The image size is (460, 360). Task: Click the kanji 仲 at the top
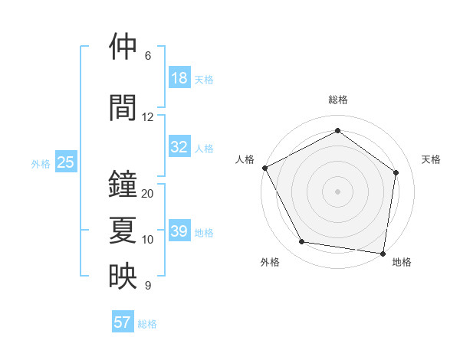click(x=123, y=47)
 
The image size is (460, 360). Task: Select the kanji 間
click(x=123, y=107)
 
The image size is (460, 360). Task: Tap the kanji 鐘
click(x=123, y=185)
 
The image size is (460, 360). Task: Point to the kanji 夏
click(x=123, y=231)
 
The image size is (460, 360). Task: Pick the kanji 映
click(x=123, y=277)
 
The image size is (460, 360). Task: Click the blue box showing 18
click(x=179, y=78)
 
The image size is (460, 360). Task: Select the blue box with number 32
click(x=179, y=147)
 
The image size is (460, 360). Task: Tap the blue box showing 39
click(x=179, y=231)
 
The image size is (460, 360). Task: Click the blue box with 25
click(x=65, y=162)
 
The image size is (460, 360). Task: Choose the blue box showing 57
click(x=123, y=322)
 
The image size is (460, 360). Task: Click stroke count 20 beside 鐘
click(x=148, y=194)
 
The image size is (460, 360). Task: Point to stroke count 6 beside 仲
click(x=148, y=56)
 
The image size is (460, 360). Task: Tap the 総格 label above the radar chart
click(x=337, y=100)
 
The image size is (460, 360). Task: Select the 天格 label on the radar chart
click(x=432, y=159)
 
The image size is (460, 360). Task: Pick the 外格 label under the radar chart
click(x=270, y=263)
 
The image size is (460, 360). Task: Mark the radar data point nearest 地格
click(x=383, y=253)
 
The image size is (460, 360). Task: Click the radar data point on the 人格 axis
click(x=264, y=168)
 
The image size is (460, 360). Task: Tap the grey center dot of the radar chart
click(x=337, y=191)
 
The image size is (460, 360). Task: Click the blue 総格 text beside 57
click(x=147, y=324)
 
